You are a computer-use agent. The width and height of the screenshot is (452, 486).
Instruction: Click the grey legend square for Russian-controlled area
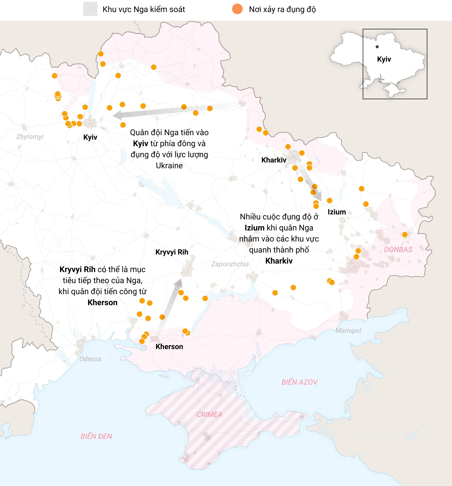click(x=90, y=9)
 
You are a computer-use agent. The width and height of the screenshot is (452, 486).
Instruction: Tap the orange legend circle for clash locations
click(x=237, y=9)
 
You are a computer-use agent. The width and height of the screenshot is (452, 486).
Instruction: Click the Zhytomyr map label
click(x=30, y=137)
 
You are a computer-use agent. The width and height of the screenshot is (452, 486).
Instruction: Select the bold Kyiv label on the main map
click(x=90, y=137)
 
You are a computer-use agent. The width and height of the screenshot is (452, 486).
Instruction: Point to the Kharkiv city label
click(x=274, y=160)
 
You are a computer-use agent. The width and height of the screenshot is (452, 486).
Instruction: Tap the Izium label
click(x=337, y=212)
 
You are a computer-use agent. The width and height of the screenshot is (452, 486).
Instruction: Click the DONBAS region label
click(x=398, y=250)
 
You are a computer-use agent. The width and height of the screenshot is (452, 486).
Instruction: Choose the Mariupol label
click(x=348, y=331)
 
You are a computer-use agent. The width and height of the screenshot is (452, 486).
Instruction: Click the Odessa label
click(x=90, y=359)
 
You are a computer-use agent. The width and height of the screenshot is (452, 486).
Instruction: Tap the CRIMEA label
click(x=209, y=415)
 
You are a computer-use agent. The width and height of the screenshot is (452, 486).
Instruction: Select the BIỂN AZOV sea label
click(x=299, y=382)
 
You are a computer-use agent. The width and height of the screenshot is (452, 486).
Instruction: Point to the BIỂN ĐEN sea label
click(x=96, y=436)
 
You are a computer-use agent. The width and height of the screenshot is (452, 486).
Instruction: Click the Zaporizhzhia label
click(x=230, y=264)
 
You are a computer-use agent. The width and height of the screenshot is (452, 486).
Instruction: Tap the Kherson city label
click(x=169, y=347)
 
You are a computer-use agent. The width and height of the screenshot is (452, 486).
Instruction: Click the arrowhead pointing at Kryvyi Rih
click(x=179, y=283)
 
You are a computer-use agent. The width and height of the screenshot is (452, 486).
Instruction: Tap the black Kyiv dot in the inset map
click(x=377, y=47)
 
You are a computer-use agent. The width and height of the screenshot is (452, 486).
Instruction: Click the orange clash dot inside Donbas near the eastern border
click(x=405, y=234)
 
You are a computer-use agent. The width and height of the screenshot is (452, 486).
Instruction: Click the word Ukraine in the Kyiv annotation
click(x=169, y=166)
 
